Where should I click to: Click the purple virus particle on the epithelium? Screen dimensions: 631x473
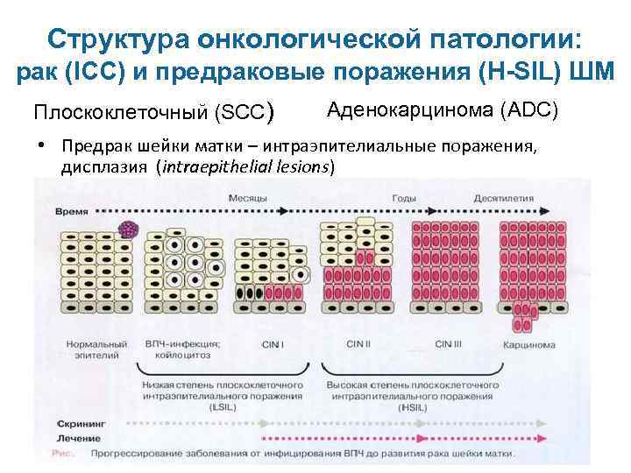(130, 229)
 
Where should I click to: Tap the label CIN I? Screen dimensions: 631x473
(273, 345)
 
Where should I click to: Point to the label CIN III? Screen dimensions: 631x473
(448, 343)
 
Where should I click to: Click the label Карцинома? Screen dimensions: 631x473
(528, 345)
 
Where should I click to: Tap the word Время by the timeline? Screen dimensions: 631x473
(72, 212)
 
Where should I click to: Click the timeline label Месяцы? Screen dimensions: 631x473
(248, 199)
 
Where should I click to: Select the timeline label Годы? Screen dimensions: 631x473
(404, 199)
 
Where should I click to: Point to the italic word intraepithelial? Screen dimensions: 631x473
(208, 166)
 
